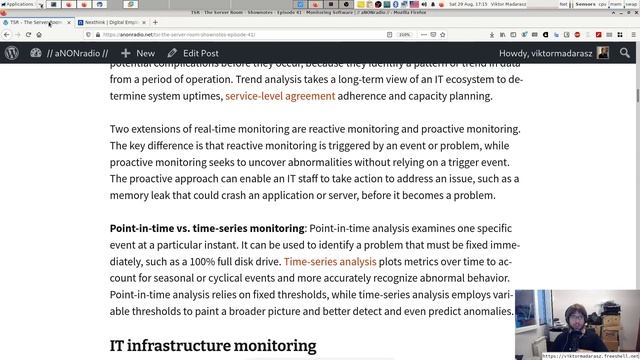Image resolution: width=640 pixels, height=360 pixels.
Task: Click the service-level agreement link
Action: click(280, 97)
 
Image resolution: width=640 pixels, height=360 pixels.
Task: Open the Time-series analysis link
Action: click(330, 262)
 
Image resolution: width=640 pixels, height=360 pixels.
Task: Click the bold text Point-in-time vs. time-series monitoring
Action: click(206, 229)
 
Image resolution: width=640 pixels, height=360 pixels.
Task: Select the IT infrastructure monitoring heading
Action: click(212, 346)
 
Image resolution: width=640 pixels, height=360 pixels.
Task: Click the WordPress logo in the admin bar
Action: click(12, 53)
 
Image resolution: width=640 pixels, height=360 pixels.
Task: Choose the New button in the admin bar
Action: click(138, 53)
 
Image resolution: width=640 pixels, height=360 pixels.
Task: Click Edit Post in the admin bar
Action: click(194, 53)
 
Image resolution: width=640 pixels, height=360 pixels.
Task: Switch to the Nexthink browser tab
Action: click(110, 21)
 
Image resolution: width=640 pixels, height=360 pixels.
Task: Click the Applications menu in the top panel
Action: click(20, 4)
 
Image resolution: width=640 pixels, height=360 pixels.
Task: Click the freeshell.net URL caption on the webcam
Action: click(589, 355)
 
